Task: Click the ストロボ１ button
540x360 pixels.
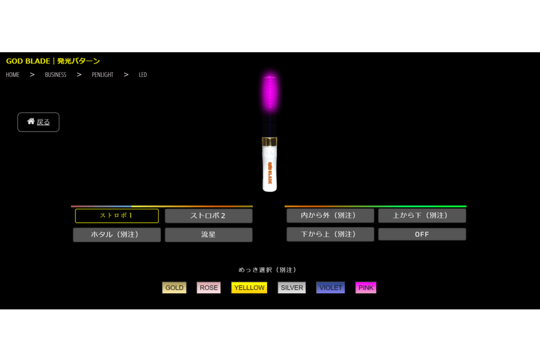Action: tap(117, 216)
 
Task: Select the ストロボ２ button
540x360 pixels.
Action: tap(208, 216)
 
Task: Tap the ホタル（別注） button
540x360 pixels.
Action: tap(117, 234)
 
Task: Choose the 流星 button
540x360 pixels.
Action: tap(208, 234)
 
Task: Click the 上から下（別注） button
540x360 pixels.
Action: tap(422, 216)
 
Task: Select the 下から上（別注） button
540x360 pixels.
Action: tap(330, 234)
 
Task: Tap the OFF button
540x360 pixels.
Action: tap(422, 234)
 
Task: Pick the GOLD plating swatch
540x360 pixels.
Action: tap(174, 288)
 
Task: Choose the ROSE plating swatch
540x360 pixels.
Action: tap(208, 288)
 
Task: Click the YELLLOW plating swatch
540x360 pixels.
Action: tap(249, 288)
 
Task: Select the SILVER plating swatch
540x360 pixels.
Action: tap(292, 288)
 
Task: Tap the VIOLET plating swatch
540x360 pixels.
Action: tap(330, 288)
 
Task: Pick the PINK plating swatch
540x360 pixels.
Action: tap(365, 288)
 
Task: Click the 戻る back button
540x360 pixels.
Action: tap(38, 122)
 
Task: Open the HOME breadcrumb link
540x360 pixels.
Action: tap(13, 75)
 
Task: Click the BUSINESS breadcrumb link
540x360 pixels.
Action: tap(55, 75)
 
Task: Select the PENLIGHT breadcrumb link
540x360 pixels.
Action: tap(103, 75)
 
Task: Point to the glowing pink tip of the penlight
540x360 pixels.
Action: tap(270, 92)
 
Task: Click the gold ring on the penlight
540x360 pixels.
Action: tap(270, 141)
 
